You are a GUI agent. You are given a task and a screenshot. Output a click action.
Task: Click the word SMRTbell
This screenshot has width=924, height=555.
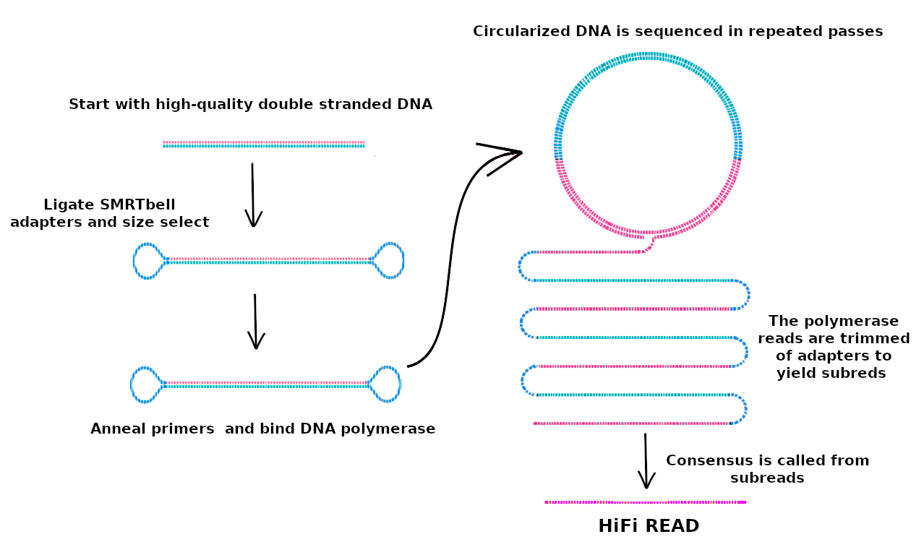[138, 205]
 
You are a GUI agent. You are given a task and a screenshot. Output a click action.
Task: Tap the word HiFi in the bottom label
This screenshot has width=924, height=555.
[618, 525]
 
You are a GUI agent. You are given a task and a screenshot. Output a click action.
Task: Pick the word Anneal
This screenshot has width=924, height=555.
[116, 429]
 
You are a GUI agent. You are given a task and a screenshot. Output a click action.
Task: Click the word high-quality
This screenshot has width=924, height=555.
[204, 104]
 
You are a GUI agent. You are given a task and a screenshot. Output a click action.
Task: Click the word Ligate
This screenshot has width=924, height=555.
[69, 205]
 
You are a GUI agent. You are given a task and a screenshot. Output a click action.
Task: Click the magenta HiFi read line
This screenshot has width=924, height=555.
[646, 502]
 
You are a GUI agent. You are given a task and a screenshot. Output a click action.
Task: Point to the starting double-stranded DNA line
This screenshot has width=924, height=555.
[264, 145]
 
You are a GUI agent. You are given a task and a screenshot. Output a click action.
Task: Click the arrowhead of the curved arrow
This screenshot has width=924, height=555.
[521, 152]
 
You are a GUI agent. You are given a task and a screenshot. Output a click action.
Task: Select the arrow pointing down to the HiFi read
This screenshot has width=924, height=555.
[646, 461]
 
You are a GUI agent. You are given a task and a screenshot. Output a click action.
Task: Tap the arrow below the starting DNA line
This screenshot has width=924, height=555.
[253, 194]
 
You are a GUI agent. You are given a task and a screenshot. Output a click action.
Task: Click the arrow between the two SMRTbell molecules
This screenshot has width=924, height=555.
[256, 322]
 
